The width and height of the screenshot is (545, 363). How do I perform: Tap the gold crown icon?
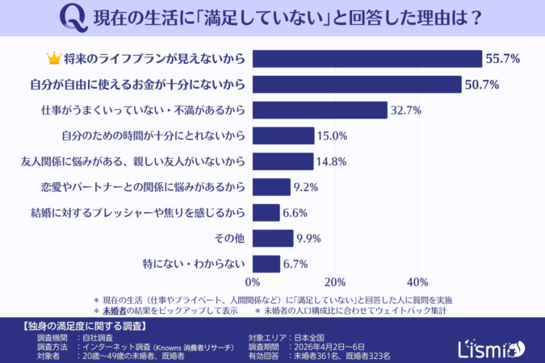[54, 58]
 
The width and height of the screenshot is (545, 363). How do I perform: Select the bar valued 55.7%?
[367, 58]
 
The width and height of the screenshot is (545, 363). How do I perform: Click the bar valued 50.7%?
[357, 84]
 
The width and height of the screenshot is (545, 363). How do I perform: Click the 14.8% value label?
[333, 161]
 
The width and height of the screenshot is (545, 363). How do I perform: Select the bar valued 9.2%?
[271, 187]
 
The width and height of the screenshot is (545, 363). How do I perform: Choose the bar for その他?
[273, 238]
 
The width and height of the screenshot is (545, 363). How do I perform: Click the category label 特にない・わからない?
[194, 263]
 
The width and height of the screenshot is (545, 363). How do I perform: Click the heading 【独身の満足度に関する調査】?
[81, 327]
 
